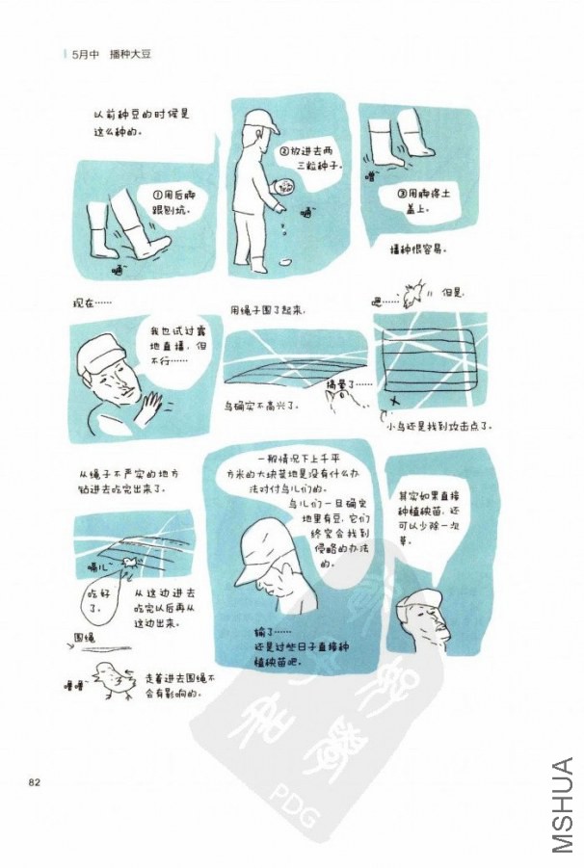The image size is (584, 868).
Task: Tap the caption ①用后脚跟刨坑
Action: [x=169, y=200]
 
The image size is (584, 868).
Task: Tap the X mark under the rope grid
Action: [x=394, y=399]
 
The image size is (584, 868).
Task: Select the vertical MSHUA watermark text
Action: [x=564, y=804]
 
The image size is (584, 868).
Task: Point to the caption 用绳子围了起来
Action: [x=268, y=311]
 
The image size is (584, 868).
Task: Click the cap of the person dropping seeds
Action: [x=258, y=120]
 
